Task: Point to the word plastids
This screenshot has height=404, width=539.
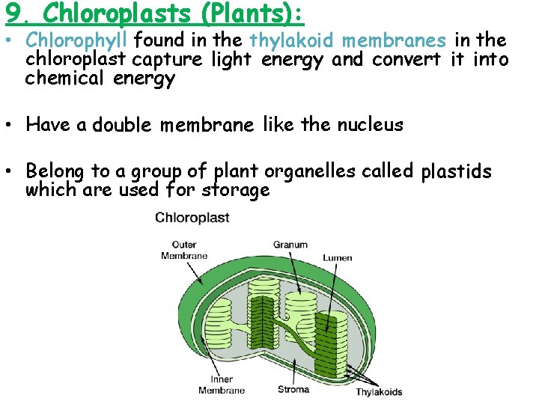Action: [x=456, y=172]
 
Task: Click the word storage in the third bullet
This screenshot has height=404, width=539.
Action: [x=236, y=190]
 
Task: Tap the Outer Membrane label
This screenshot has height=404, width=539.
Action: [x=184, y=250]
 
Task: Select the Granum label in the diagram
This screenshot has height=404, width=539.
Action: [x=290, y=245]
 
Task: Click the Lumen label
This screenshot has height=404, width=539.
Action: [x=338, y=258]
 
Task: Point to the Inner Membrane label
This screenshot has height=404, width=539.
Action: [x=222, y=385]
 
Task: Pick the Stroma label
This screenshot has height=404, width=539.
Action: [x=293, y=388]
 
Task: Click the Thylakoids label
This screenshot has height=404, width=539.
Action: [x=379, y=391]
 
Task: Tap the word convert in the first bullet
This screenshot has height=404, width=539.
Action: [x=407, y=60]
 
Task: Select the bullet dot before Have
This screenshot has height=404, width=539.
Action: [x=9, y=125]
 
